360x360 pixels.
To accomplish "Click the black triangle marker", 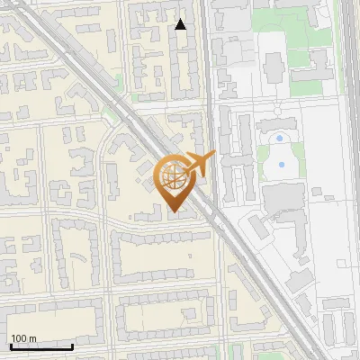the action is coord(181,24).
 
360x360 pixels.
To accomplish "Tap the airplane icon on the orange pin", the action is coord(200,163).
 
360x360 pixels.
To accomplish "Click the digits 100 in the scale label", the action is coord(19,338).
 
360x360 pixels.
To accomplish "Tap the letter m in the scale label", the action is coord(32,338).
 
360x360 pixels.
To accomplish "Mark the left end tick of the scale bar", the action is coord(11,346).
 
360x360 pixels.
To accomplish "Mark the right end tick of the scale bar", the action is coord(72,346).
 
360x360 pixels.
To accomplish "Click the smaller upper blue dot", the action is coord(280,139).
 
